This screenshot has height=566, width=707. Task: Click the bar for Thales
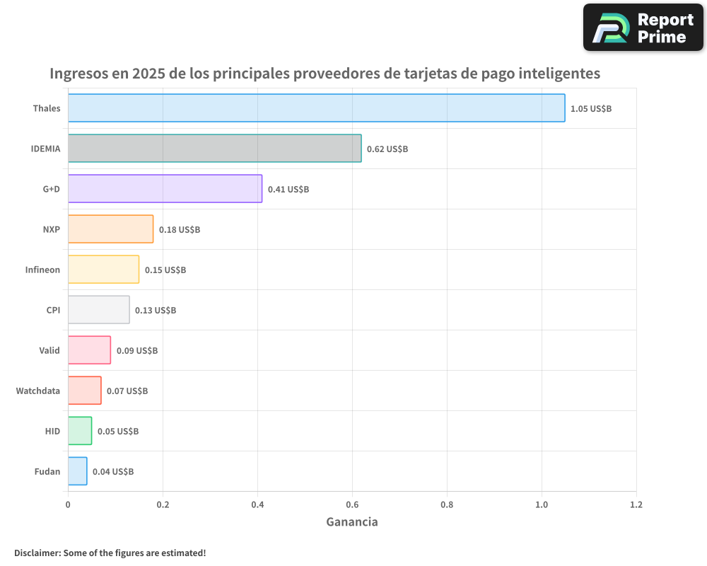[316, 108]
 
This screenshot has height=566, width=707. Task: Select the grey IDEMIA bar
[214, 149]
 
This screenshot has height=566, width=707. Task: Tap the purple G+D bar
[165, 189]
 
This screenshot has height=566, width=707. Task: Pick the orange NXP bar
[110, 229]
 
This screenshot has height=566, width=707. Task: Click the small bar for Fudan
[77, 471]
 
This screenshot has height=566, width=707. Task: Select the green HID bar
[80, 431]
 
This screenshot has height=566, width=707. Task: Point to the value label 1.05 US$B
[590, 109]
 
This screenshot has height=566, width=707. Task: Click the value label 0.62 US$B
[387, 149]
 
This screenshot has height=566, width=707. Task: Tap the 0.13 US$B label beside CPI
[156, 311]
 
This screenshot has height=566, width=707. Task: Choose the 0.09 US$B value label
[136, 351]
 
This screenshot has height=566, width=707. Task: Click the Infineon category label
[42, 270]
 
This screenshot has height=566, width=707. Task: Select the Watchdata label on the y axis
[37, 391]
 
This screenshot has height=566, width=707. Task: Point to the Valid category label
[49, 350]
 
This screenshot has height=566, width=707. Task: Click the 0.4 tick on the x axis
[257, 505]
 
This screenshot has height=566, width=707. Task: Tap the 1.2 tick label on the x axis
[636, 505]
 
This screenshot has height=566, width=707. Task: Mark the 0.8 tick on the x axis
[447, 505]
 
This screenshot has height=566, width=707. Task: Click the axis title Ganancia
[351, 522]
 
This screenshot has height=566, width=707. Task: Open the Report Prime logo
[643, 28]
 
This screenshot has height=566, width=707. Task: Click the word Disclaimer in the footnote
[37, 553]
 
